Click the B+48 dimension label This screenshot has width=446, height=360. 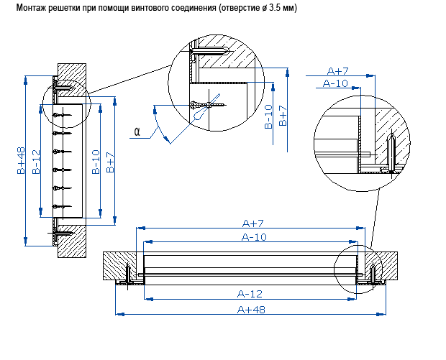[21, 161]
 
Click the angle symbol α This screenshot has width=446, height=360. [136, 131]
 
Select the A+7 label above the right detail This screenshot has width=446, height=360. [337, 70]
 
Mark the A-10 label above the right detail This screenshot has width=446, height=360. [336, 83]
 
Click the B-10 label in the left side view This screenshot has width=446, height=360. [96, 162]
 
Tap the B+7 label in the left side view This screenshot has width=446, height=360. [110, 162]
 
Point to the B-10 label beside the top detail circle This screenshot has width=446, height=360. [268, 117]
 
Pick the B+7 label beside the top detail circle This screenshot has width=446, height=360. [283, 117]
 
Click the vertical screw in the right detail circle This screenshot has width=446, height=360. [391, 153]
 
